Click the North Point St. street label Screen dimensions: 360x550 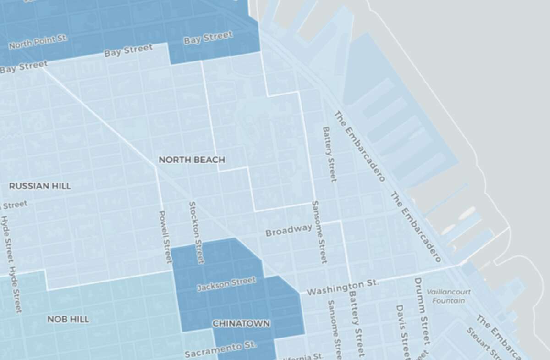click(38, 42)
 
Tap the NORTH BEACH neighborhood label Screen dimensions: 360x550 click(192, 160)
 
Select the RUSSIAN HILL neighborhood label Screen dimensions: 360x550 click(40, 186)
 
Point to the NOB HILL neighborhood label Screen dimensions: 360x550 click(68, 319)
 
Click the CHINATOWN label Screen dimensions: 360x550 click(241, 323)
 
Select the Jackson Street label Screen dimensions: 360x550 click(226, 284)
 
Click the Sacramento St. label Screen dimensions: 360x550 click(220, 349)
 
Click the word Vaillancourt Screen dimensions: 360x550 click(448, 292)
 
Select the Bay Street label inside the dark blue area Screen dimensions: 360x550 click(208, 38)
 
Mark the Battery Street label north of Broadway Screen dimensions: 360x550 click(330, 154)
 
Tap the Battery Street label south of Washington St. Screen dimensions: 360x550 click(356, 323)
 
